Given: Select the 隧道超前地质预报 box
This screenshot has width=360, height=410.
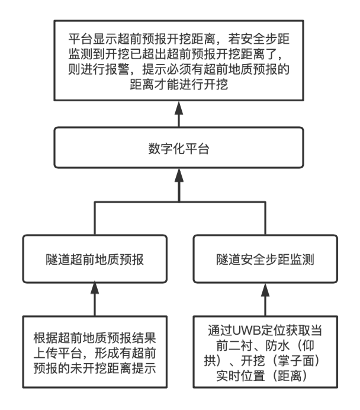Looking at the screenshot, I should pos(94,258).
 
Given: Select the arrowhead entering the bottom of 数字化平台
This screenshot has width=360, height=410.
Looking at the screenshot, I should pos(178,177).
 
